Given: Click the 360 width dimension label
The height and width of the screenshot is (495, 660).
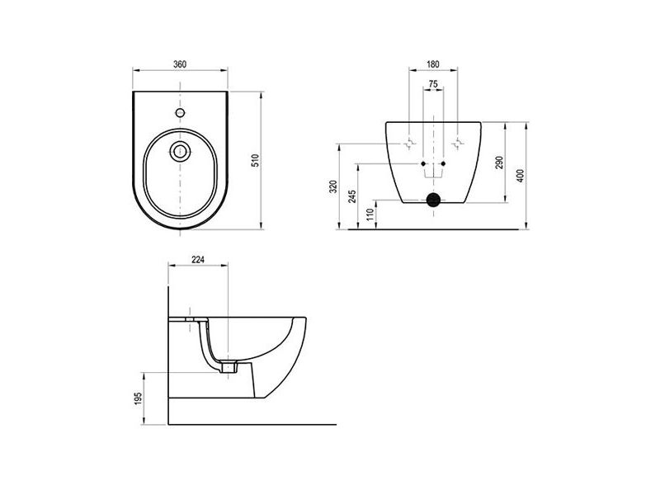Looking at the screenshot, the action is point(180,64).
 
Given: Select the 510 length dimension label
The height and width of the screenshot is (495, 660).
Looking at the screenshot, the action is point(256,160).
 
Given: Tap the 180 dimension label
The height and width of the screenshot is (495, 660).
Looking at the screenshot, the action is point(432,64).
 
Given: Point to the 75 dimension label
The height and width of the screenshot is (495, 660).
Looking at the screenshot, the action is point(432,84).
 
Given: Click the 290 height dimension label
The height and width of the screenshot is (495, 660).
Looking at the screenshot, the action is point(499,162).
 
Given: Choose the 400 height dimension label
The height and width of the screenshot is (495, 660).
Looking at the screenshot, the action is point(521,176).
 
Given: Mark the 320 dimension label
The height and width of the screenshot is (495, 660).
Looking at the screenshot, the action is point(333,186).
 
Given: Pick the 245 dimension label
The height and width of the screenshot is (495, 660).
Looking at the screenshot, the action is point(353,196).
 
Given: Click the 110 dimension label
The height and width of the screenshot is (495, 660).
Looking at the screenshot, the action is point(370,214).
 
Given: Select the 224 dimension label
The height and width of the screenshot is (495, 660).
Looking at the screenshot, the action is point(198,260).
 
